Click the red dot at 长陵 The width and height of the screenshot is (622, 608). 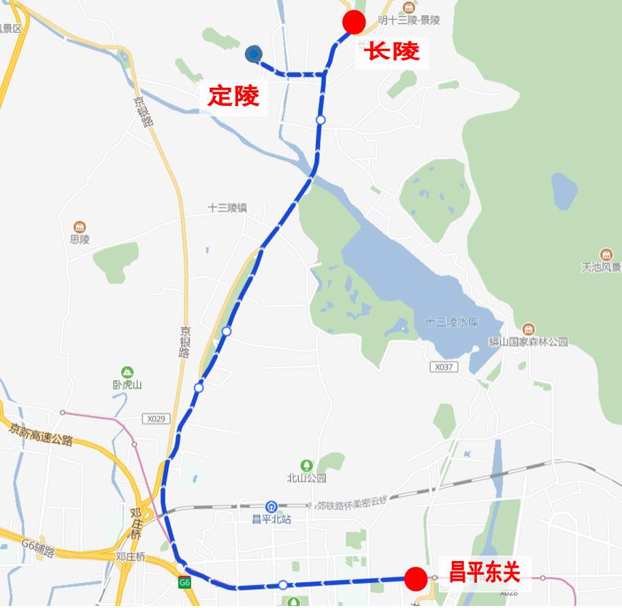[354, 22]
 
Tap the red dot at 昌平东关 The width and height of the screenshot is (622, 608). [415, 579]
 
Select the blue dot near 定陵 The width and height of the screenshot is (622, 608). [254, 54]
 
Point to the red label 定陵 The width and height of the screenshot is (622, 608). [233, 96]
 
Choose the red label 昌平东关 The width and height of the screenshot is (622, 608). [484, 572]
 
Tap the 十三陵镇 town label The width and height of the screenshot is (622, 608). [227, 208]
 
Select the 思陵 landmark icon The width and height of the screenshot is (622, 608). [80, 226]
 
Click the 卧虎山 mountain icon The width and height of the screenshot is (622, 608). [127, 372]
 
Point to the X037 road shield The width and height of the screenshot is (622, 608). [443, 367]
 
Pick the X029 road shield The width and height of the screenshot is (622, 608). [155, 419]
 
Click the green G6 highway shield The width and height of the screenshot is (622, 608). [184, 582]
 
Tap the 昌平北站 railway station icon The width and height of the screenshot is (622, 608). [272, 507]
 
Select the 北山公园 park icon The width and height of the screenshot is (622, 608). [307, 465]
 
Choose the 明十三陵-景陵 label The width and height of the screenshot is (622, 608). [409, 20]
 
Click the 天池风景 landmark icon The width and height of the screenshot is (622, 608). [606, 254]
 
